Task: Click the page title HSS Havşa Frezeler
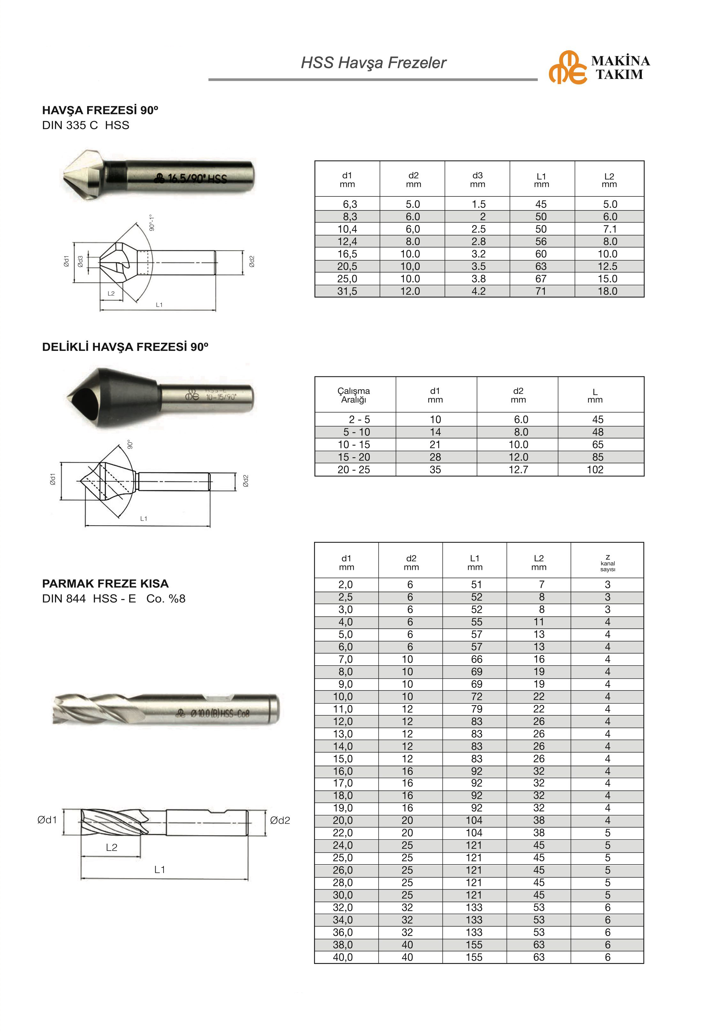click(373, 63)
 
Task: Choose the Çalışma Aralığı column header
click(354, 395)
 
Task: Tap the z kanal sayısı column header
click(607, 563)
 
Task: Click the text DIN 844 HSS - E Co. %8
click(113, 598)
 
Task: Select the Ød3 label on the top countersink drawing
click(80, 261)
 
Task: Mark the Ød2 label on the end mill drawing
click(280, 820)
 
